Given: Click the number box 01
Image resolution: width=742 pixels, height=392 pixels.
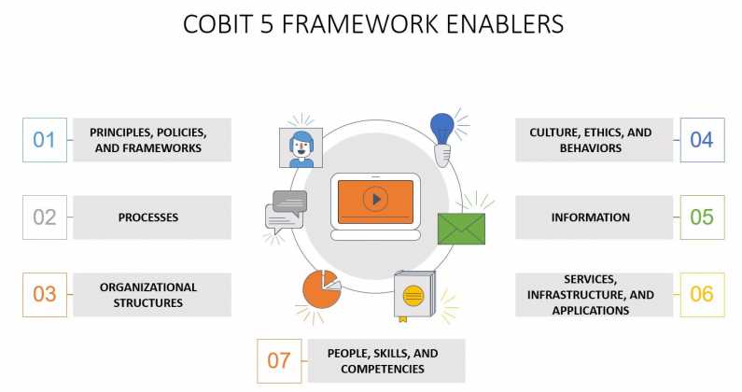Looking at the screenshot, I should coord(45,140).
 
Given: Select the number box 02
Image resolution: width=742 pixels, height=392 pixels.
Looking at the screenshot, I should coord(45,217).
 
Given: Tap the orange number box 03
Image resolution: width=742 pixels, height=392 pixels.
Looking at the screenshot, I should coord(45,294).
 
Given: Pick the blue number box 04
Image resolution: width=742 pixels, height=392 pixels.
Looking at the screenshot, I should coord(702,140).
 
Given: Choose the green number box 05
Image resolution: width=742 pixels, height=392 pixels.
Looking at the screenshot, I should coord(702,217).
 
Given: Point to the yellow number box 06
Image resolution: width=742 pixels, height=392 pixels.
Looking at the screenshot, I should coord(702,294).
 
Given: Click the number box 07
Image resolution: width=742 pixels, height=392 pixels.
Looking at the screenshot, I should coord(279,361).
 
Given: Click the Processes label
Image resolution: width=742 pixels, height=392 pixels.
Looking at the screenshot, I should coord(151,217).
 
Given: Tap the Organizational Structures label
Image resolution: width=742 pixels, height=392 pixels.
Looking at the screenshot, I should coord(151,295).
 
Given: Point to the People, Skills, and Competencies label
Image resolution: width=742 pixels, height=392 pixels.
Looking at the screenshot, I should coord(383,361).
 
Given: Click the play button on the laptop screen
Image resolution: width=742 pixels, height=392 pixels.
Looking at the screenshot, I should coord(375,199).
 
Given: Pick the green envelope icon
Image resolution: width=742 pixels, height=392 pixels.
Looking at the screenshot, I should coord(461,228).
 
